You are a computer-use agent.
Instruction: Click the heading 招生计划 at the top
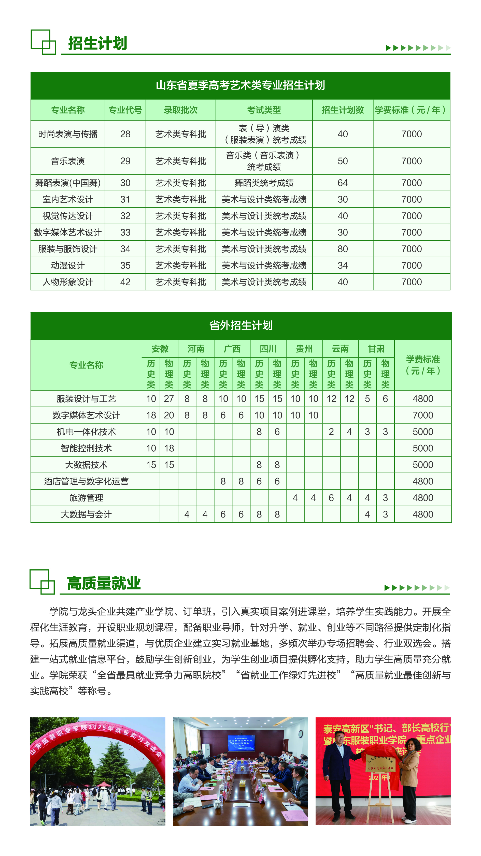click(97, 43)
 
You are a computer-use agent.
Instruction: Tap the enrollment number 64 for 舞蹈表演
click(342, 183)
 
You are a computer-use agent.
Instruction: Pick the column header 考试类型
click(264, 110)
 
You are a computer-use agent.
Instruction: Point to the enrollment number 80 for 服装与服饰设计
click(342, 249)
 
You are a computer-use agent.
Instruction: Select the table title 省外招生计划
click(241, 325)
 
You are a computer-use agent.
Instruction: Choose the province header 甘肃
click(376, 349)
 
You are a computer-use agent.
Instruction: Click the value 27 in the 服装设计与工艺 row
click(169, 399)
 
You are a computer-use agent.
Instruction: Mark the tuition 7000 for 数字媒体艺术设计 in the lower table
click(423, 415)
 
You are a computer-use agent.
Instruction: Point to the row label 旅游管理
click(86, 498)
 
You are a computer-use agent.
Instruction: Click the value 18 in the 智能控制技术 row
click(169, 448)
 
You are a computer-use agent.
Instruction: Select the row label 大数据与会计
click(86, 514)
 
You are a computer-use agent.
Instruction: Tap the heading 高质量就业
click(104, 584)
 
